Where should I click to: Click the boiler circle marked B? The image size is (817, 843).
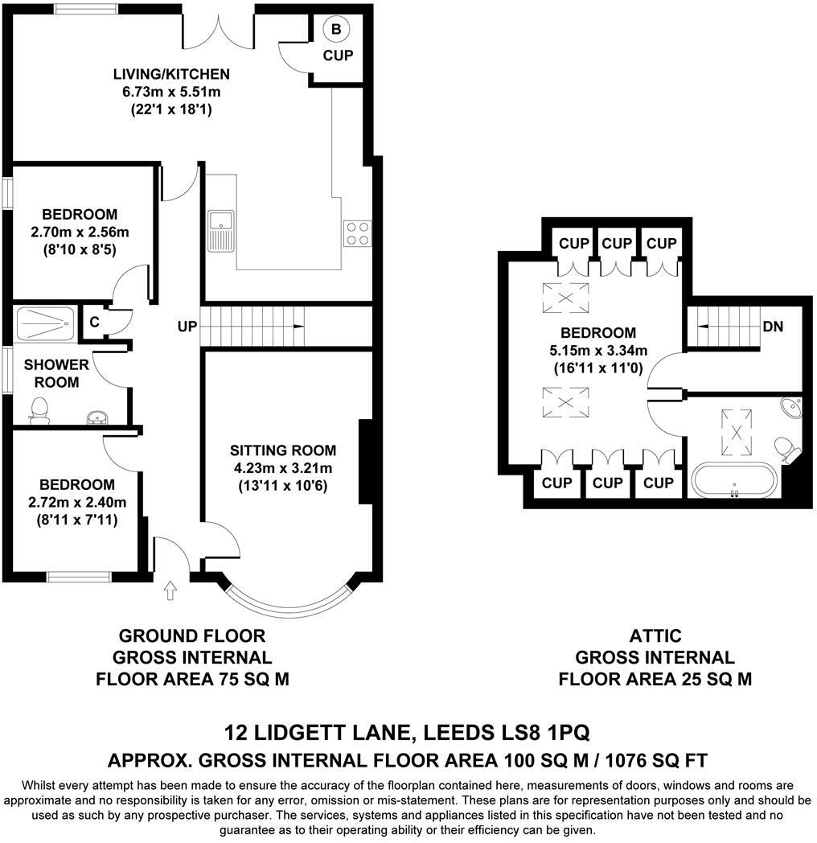click(336, 30)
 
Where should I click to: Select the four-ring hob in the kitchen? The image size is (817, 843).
click(357, 232)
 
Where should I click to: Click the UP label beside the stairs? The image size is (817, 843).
click(187, 327)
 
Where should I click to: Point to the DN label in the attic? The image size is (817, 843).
click(774, 327)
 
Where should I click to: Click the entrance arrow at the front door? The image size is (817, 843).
click(170, 590)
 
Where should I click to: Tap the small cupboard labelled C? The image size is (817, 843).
click(95, 323)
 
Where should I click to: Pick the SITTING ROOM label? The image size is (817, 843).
click(282, 450)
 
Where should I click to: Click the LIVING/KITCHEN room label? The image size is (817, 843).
click(171, 75)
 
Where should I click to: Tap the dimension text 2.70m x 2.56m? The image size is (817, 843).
click(80, 232)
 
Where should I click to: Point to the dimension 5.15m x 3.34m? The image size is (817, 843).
click(597, 350)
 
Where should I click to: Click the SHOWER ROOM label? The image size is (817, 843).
click(51, 374)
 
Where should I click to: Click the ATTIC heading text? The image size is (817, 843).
click(655, 635)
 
